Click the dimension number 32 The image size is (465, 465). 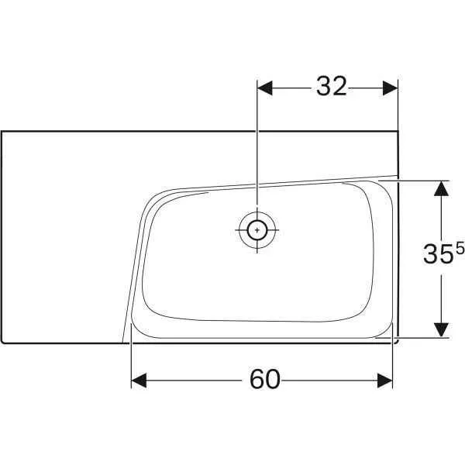pyautogui.click(x=331, y=88)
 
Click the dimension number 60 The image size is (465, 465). pyautogui.click(x=264, y=379)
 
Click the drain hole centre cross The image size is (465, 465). pyautogui.click(x=257, y=229)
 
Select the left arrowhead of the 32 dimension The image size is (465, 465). pyautogui.click(x=264, y=88)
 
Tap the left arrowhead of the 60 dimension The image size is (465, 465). pyautogui.click(x=139, y=380)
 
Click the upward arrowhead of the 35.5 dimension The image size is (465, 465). pyautogui.click(x=441, y=189)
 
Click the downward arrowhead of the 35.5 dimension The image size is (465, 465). pyautogui.click(x=441, y=330)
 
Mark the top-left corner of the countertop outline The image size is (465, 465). pyautogui.click(x=2, y=131)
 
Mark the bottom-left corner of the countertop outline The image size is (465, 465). pyautogui.click(x=3, y=341)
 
